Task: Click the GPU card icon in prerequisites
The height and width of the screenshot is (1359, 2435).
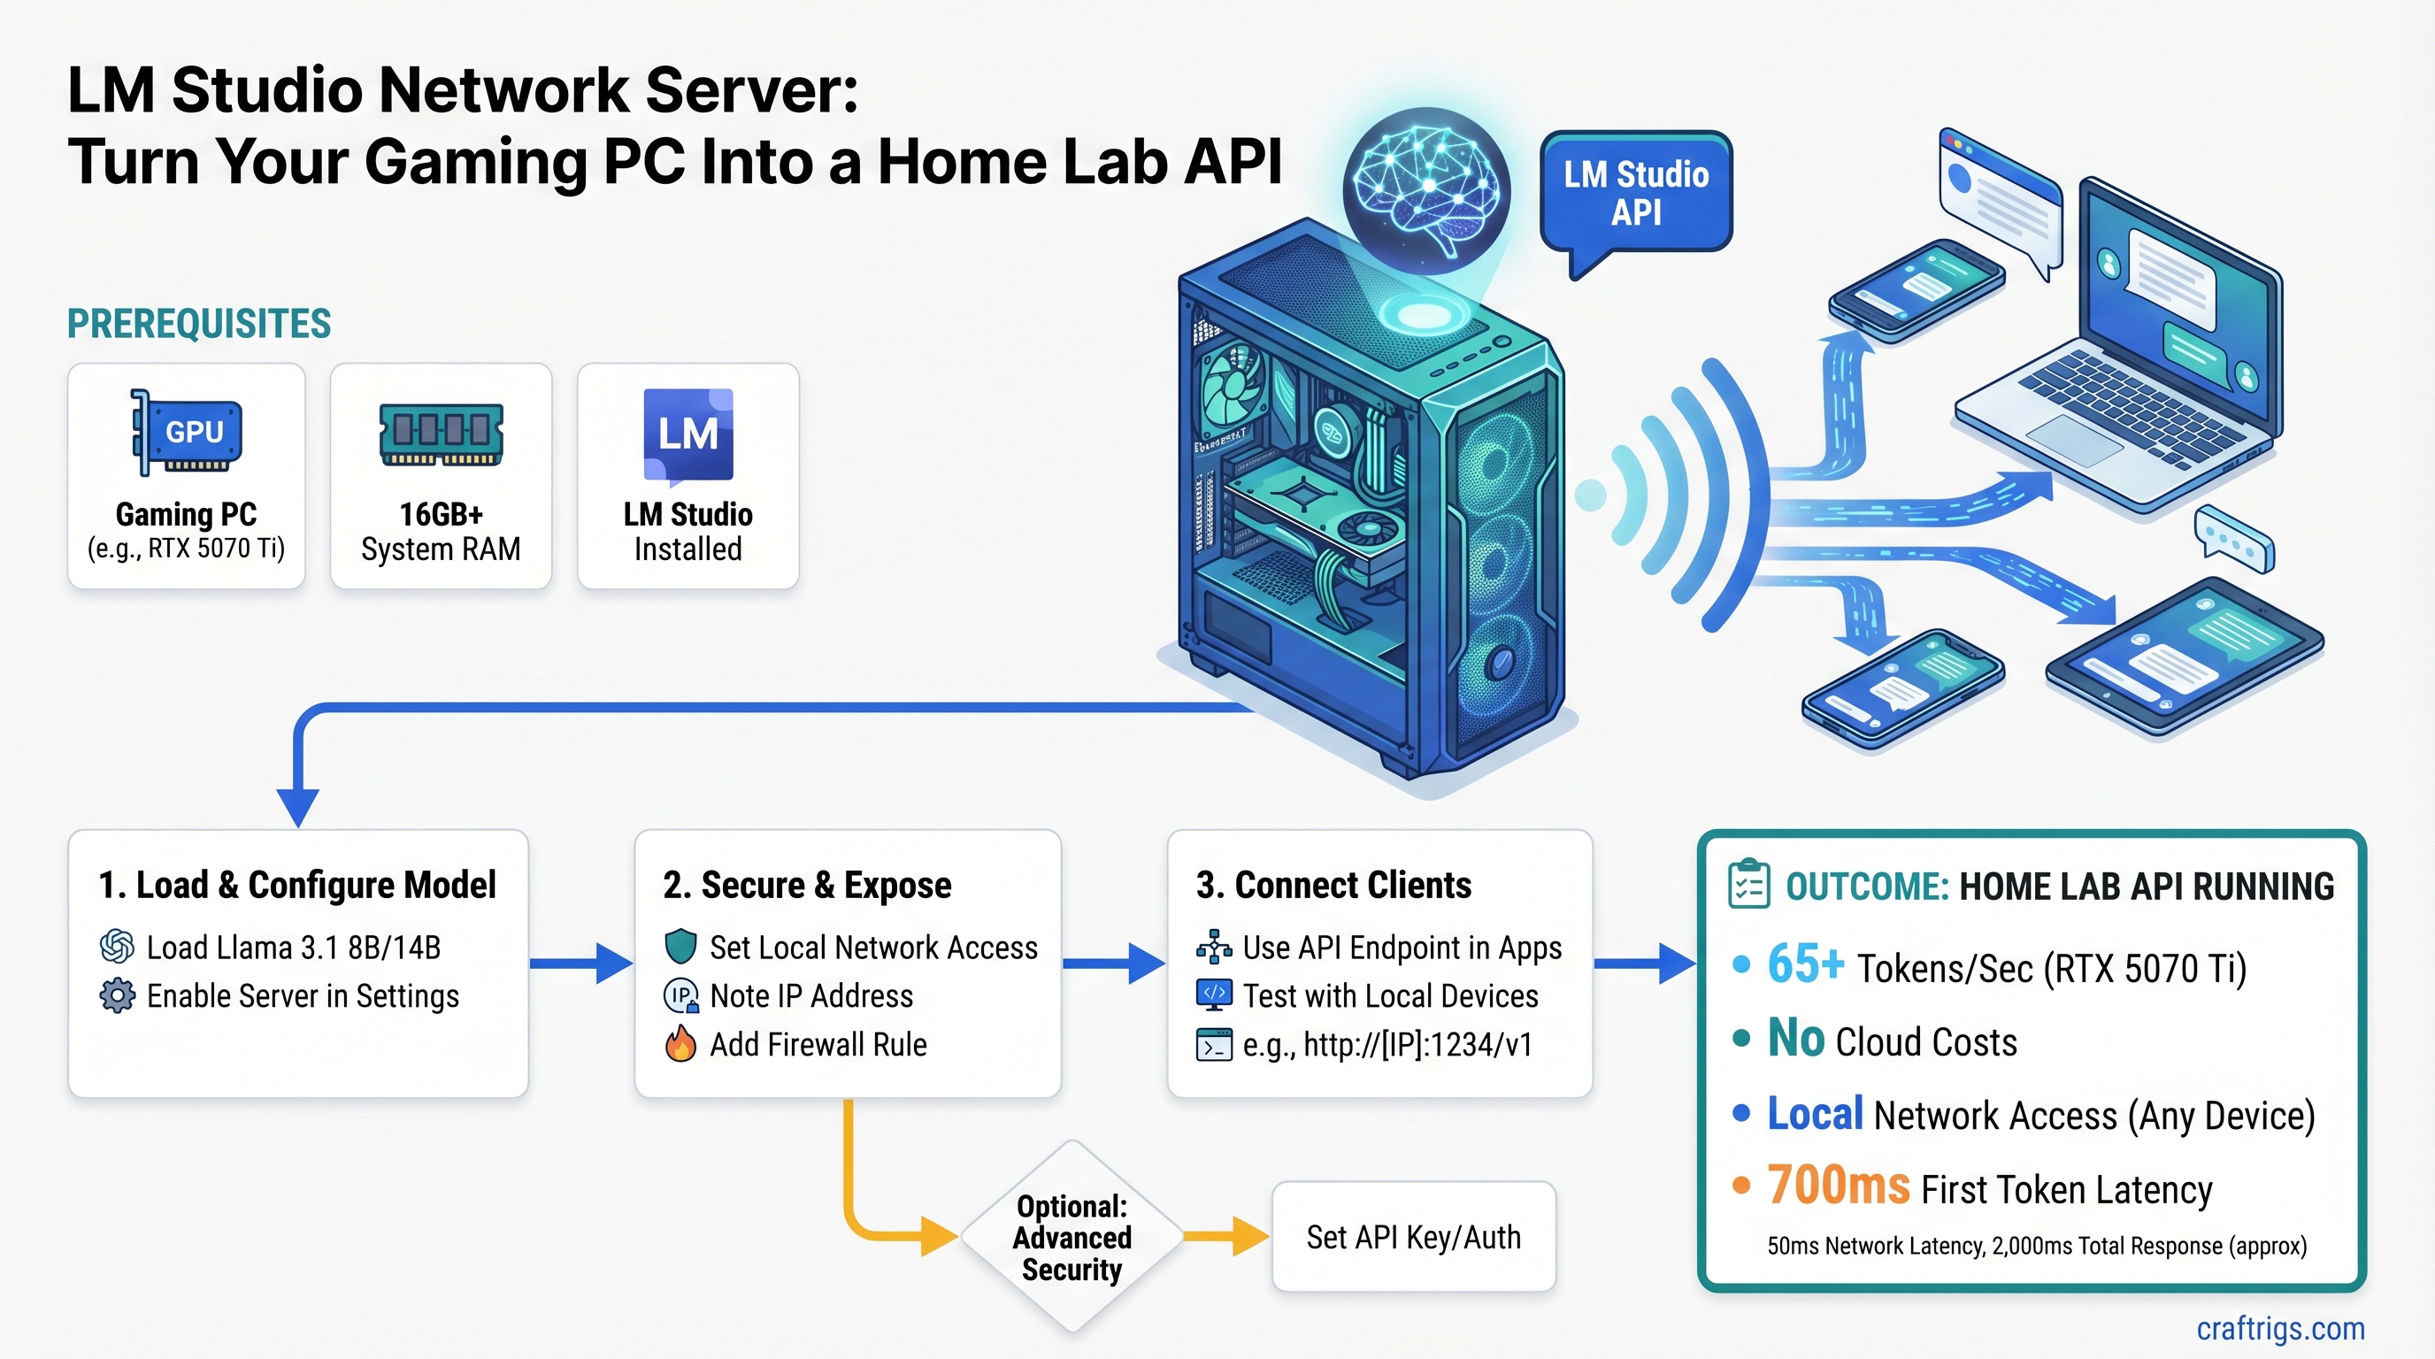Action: click(188, 433)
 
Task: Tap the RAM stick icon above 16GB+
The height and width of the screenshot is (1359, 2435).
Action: click(441, 434)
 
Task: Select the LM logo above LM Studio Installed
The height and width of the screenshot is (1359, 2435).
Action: click(688, 434)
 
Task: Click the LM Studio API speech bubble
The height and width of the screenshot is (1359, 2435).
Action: click(1635, 193)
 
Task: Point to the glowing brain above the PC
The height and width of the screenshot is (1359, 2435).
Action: click(1425, 189)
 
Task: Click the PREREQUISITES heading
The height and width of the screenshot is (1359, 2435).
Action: click(198, 324)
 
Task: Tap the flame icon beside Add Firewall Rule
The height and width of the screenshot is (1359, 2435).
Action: click(680, 1044)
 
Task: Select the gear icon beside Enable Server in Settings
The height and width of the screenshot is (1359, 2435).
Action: click(117, 996)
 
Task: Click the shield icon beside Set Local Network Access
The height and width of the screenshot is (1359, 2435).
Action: click(680, 946)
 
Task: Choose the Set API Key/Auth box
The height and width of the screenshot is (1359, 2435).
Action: click(1413, 1236)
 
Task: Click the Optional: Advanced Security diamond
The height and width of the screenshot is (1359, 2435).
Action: click(1072, 1236)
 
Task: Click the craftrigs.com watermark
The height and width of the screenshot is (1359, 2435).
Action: click(2280, 1328)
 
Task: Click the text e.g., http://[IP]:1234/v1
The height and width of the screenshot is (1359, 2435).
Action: click(1386, 1044)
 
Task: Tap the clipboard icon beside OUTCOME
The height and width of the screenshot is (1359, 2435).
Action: click(1748, 885)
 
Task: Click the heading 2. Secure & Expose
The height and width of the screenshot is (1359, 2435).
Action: click(807, 886)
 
